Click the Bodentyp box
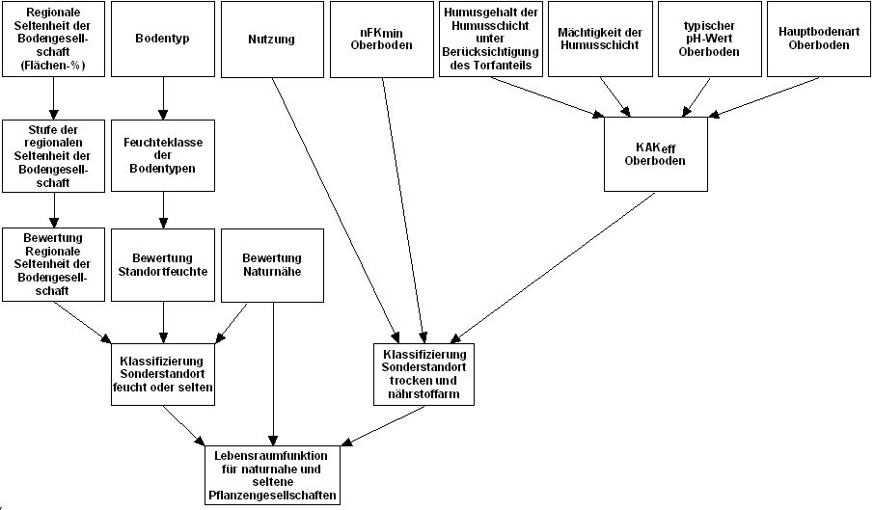click(162, 40)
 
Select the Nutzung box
click(271, 40)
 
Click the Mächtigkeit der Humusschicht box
click(600, 40)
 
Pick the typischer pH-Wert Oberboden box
click(709, 40)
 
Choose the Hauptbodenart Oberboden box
click(818, 40)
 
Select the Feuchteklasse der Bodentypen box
click(162, 155)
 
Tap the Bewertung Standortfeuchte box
click(162, 264)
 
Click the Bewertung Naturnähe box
click(271, 264)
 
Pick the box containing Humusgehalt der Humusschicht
click(490, 40)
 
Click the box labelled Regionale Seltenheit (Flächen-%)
click(53, 40)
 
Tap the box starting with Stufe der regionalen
click(53, 155)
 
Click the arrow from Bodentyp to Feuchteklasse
click(162, 98)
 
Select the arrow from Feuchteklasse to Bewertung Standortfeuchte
click(162, 209)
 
